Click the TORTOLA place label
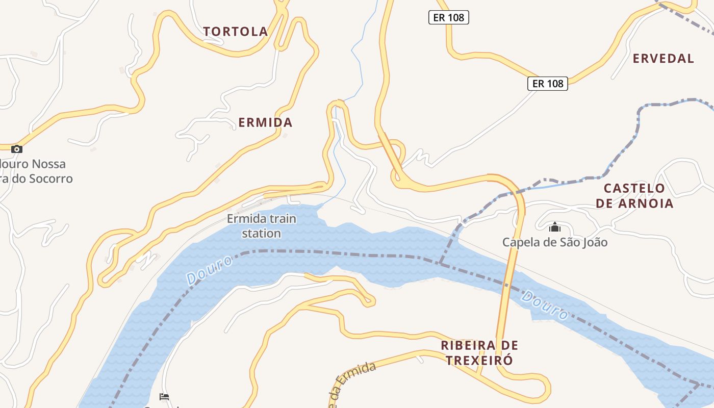click(x=236, y=32)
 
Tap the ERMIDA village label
click(x=265, y=122)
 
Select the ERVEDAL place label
click(x=663, y=59)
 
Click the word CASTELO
click(x=634, y=188)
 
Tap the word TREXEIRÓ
click(x=479, y=361)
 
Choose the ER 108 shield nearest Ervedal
click(x=547, y=84)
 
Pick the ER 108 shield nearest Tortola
click(x=448, y=18)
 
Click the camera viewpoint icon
click(x=17, y=149)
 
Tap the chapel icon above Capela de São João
click(x=555, y=227)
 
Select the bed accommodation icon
click(x=164, y=396)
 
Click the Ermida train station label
click(x=261, y=226)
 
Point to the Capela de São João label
click(x=555, y=242)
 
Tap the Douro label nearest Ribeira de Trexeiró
click(x=545, y=305)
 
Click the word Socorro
click(x=50, y=179)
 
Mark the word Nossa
click(x=48, y=164)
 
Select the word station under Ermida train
click(x=261, y=234)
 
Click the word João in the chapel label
click(x=593, y=242)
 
